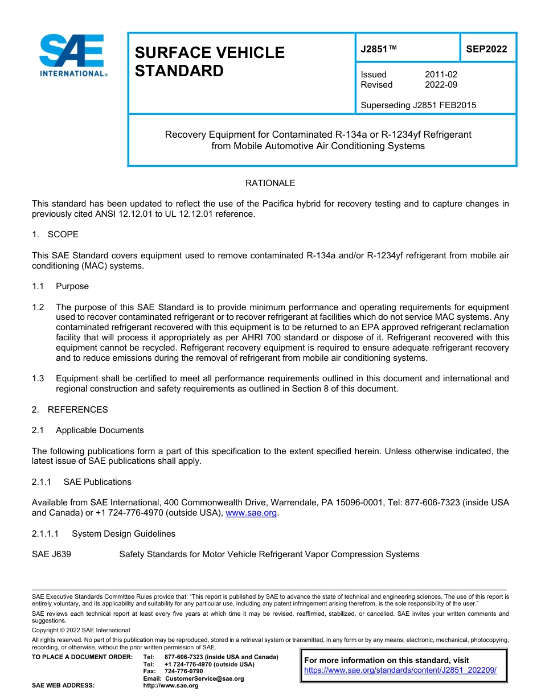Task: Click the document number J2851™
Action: (x=378, y=49)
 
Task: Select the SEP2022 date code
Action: (x=486, y=49)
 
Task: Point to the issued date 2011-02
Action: (x=441, y=75)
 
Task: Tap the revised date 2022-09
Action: (x=441, y=85)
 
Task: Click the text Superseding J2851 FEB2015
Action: (x=418, y=105)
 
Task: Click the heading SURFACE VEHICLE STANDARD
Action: (x=209, y=61)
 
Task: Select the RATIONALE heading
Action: (x=270, y=183)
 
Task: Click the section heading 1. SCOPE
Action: (x=55, y=234)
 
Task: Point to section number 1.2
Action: (x=38, y=307)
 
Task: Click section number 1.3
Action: (x=38, y=378)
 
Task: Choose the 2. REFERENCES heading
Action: (x=69, y=410)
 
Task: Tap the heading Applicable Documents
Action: (x=100, y=430)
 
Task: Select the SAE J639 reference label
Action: (x=51, y=554)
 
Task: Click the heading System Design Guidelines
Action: (x=123, y=534)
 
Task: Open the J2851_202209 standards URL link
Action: (x=400, y=670)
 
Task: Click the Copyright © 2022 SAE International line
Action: (x=81, y=631)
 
